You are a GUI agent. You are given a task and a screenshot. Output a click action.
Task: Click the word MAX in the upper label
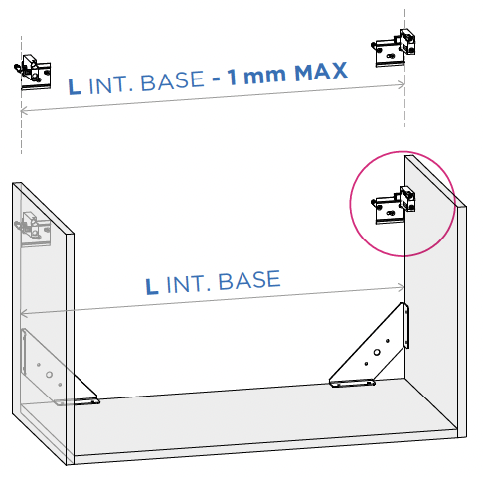point(321,72)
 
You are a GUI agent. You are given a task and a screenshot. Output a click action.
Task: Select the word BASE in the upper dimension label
point(172,81)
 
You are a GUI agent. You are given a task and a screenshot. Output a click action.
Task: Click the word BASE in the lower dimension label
point(249,280)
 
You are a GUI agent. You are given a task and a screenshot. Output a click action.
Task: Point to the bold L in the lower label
point(152,287)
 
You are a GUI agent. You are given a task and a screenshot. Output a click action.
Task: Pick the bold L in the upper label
point(75,86)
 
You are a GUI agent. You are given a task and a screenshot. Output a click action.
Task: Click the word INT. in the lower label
point(189,284)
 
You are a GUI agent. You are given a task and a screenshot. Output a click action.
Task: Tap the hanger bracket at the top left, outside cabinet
point(33,73)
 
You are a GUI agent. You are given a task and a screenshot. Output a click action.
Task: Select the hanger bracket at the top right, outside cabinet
point(394,48)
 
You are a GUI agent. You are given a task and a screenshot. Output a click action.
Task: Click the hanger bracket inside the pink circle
point(394,205)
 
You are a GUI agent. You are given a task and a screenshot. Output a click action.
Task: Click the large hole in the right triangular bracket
point(377,352)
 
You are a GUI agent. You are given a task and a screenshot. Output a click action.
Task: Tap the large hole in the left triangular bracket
point(49,375)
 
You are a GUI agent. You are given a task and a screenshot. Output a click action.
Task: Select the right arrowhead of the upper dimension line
point(402,85)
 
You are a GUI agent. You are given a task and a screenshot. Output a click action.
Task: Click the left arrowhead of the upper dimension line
point(24,111)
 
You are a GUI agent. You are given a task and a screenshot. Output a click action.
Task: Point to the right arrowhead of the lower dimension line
point(402,287)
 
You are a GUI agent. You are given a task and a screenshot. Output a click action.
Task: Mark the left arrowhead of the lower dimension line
point(24,313)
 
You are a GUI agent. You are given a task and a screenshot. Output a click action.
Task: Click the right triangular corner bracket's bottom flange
point(352,384)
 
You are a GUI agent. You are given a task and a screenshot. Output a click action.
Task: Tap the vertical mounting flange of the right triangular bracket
point(405,326)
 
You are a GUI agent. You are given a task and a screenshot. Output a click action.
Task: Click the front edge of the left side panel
point(70,349)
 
